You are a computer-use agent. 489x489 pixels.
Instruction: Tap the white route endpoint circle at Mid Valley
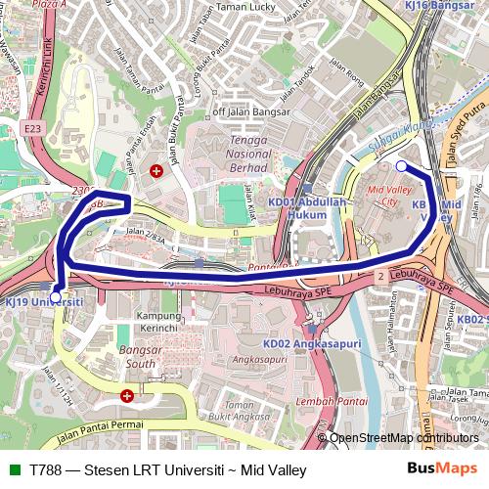(401, 166)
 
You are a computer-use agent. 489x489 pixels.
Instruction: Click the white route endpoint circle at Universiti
(55, 295)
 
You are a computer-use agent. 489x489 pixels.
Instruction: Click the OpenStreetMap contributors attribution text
(404, 438)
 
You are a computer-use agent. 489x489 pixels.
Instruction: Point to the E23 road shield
(33, 126)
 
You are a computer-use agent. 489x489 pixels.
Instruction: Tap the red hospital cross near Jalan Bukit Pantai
(155, 171)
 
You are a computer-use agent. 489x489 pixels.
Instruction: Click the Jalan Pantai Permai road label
(96, 427)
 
